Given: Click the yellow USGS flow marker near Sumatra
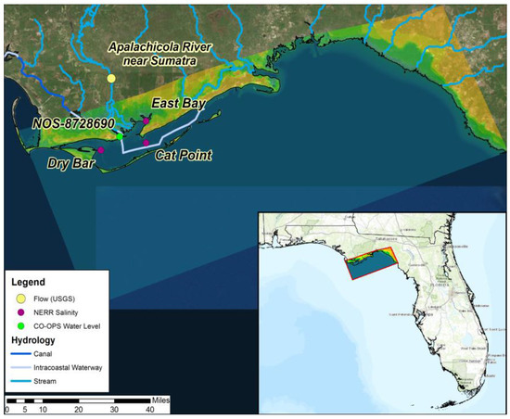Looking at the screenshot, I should pyautogui.click(x=111, y=79).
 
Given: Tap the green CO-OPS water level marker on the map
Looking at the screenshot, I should pyautogui.click(x=119, y=136).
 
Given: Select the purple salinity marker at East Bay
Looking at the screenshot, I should pyautogui.click(x=146, y=120).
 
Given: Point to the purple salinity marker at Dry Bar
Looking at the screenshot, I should pyautogui.click(x=100, y=150).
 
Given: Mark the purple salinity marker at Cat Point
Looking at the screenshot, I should pyautogui.click(x=146, y=142).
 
